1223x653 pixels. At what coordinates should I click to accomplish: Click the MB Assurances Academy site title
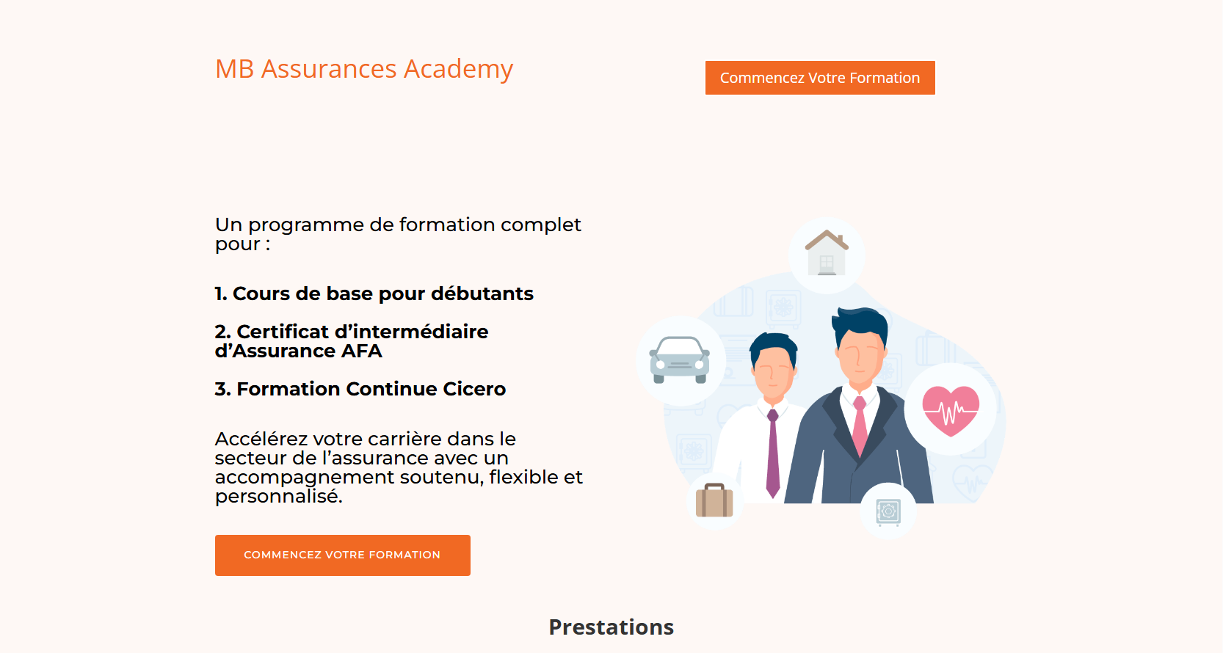[364, 69]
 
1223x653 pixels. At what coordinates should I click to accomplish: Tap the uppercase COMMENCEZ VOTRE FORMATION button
[342, 555]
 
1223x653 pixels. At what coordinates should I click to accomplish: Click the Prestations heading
[611, 627]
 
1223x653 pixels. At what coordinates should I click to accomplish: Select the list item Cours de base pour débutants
[374, 293]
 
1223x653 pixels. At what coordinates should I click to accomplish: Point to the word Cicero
[474, 389]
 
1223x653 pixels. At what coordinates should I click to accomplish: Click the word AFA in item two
[361, 351]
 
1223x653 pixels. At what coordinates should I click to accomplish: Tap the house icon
[827, 252]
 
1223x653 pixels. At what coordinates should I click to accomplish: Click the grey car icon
[679, 360]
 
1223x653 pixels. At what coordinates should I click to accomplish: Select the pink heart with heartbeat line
[951, 411]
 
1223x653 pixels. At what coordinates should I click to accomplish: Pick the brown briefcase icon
[714, 500]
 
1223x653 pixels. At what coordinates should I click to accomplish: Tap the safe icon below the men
[888, 512]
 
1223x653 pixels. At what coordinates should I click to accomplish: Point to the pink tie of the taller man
[860, 426]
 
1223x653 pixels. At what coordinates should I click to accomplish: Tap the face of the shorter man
[772, 373]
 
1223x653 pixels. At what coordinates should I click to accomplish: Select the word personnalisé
[278, 497]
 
